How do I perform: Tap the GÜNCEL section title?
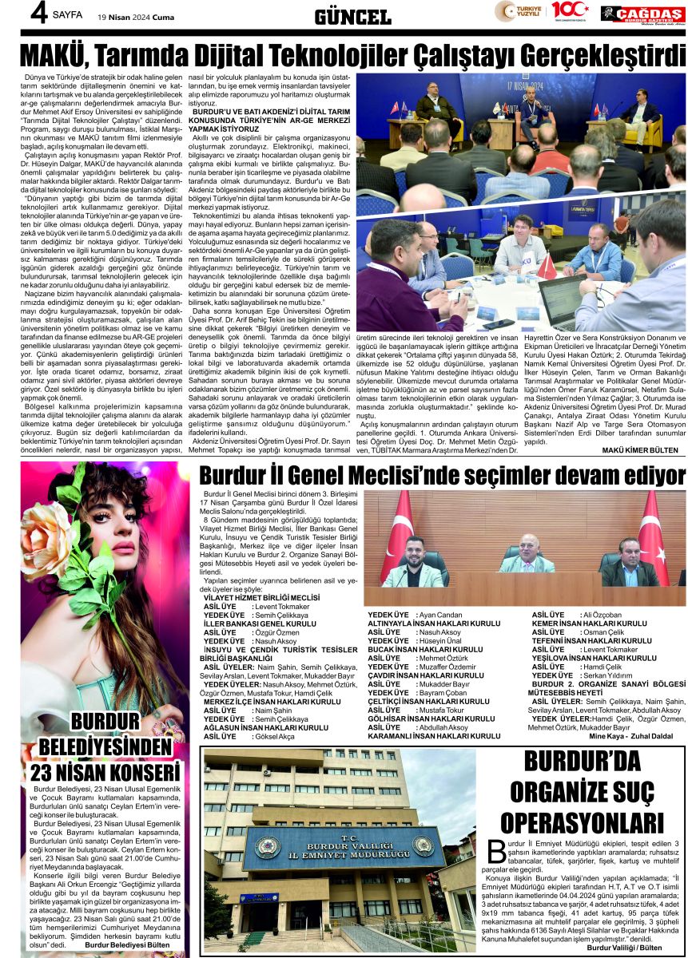352,16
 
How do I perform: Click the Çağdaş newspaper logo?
642,13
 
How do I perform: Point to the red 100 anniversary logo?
569,10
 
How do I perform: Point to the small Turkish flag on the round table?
546,267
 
